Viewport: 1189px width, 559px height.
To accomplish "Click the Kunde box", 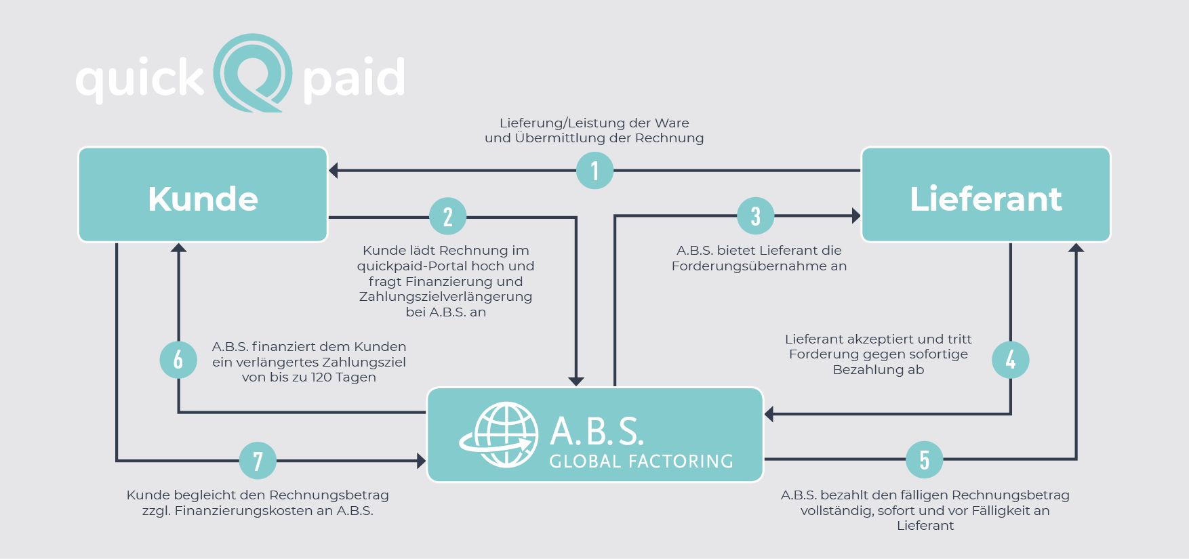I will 203,194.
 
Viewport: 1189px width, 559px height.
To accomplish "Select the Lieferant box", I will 986,194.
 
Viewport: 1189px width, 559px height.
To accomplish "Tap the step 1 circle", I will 594,170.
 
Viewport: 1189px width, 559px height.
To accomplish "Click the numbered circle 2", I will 447,217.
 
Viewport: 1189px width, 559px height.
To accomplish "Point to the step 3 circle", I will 755,216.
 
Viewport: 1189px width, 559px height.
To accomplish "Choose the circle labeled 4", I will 1010,360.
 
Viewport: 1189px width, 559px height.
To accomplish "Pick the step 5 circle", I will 924,459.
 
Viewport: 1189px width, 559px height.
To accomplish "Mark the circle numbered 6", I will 178,360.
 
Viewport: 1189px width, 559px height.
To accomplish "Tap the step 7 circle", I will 258,461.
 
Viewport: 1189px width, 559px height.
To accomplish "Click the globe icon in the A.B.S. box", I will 502,435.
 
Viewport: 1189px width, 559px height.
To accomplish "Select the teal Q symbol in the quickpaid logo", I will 253,73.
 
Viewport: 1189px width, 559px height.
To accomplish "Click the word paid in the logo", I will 354,78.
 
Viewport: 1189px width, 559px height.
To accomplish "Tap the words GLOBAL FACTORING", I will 641,462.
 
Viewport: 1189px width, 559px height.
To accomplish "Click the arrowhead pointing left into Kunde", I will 333,171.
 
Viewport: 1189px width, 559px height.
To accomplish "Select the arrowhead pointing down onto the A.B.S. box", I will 576,381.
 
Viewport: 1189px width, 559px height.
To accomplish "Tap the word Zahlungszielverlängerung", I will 445,297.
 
